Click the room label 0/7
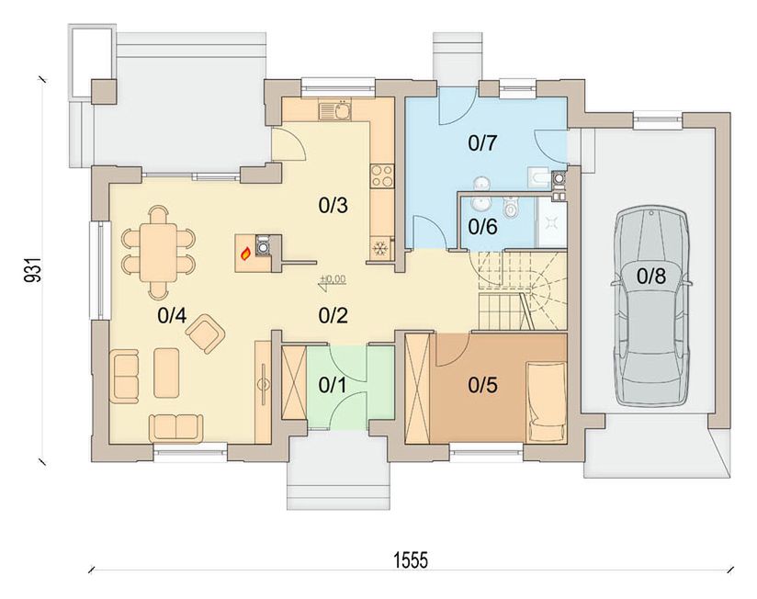[x=483, y=143]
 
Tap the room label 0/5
[x=483, y=385]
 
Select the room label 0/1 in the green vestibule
[x=333, y=385]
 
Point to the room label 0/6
[x=483, y=226]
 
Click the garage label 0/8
[x=651, y=277]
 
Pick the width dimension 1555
[x=411, y=560]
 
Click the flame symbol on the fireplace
[x=245, y=253]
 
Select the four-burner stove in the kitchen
[x=382, y=175]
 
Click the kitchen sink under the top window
[x=334, y=110]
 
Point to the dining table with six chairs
[x=158, y=253]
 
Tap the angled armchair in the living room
[x=207, y=333]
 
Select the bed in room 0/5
[x=546, y=402]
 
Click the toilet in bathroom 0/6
[x=510, y=207]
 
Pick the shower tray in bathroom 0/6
[x=552, y=222]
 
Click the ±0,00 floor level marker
[x=333, y=282]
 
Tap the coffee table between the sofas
[x=166, y=373]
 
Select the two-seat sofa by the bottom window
[x=175, y=427]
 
